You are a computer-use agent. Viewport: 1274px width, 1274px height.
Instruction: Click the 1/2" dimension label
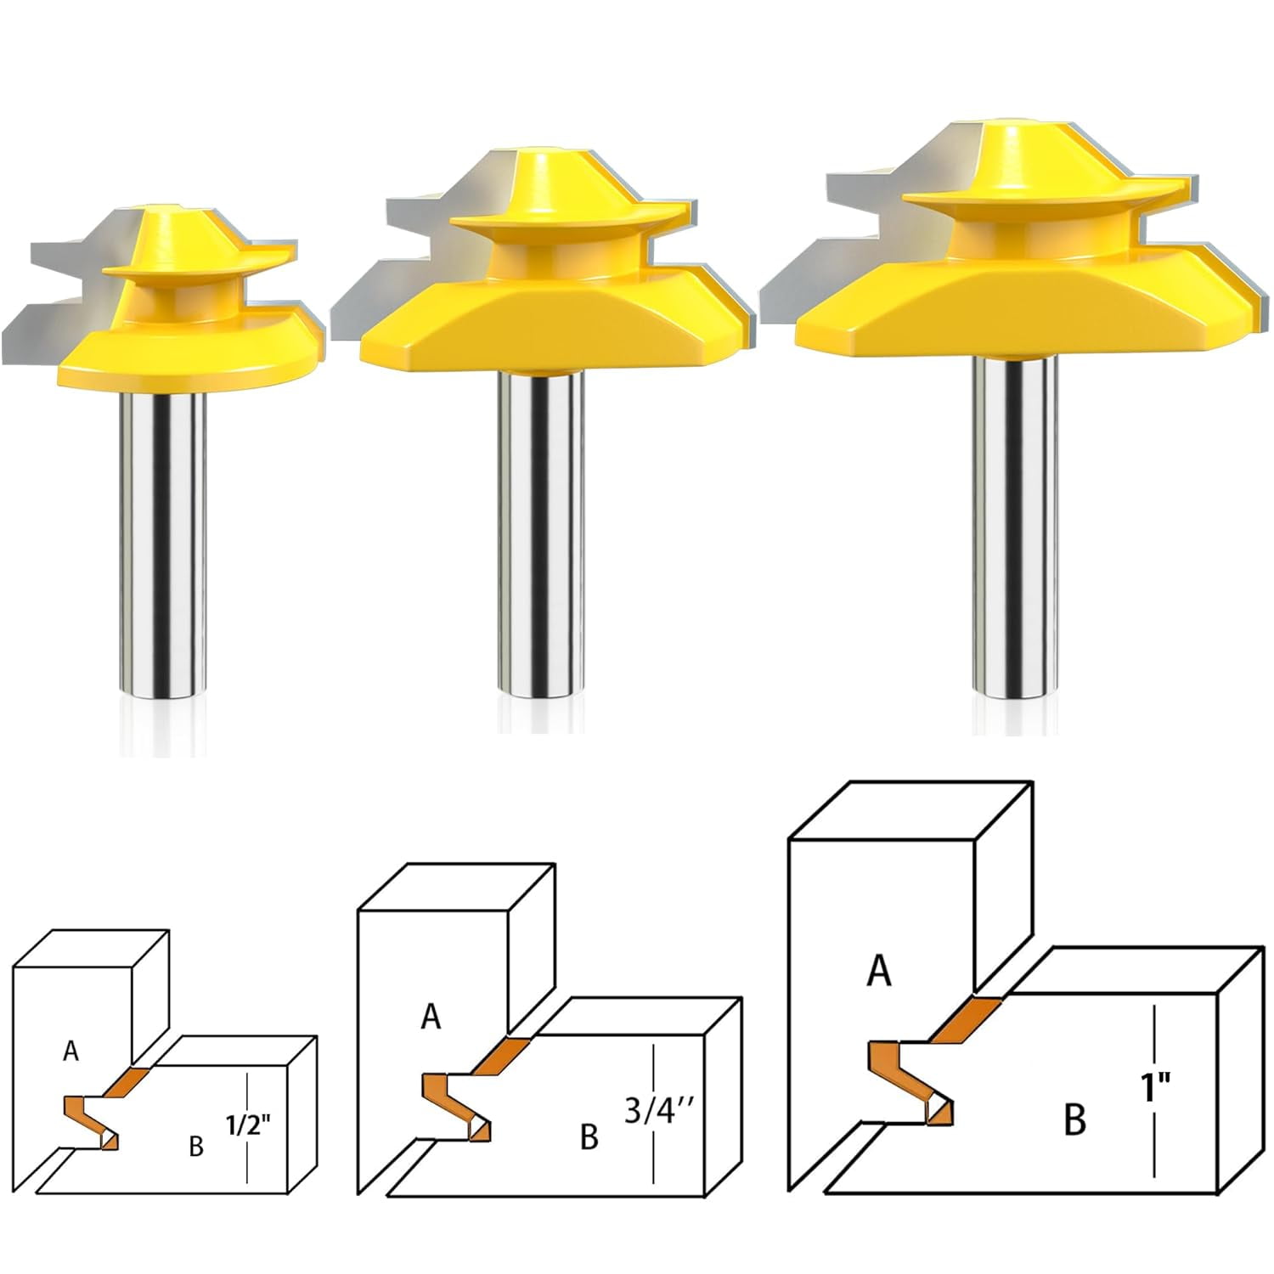(x=249, y=1125)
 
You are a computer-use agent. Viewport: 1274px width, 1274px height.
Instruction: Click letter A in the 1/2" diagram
(x=70, y=1051)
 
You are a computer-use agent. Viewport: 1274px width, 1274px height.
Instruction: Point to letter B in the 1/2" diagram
(x=196, y=1147)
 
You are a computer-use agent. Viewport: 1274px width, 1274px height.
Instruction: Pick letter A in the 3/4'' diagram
(x=431, y=1017)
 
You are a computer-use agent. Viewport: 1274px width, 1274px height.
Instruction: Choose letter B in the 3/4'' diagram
(x=589, y=1136)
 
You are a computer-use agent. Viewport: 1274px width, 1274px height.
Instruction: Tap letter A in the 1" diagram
(x=879, y=970)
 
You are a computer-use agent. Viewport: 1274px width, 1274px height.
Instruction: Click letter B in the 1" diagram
(x=1074, y=1119)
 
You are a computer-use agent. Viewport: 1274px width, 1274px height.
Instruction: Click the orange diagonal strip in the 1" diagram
(x=966, y=1019)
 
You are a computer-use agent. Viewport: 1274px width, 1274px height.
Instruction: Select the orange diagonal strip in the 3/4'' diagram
(x=499, y=1056)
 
